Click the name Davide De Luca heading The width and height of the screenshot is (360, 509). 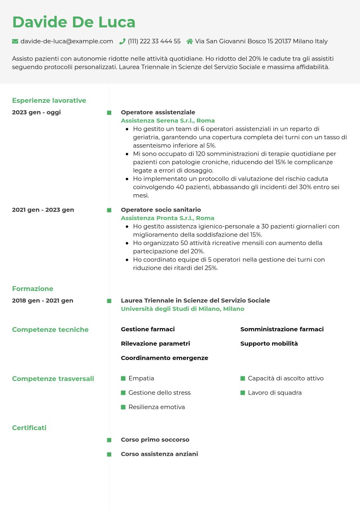(74, 22)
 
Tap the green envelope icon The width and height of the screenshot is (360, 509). (15, 41)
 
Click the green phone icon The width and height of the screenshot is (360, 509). (122, 41)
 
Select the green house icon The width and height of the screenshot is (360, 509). (189, 41)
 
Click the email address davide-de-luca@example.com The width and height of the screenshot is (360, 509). (67, 41)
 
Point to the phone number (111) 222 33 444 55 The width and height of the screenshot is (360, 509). (154, 41)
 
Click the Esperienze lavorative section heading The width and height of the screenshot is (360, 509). (49, 100)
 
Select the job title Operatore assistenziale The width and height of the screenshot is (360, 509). (158, 112)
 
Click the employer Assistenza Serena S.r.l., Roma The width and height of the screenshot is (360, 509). (168, 120)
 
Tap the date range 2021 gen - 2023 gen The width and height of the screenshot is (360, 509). (43, 210)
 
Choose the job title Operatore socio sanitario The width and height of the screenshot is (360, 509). (160, 210)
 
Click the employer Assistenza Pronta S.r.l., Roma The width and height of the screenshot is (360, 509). (167, 218)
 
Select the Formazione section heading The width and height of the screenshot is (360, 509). (33, 289)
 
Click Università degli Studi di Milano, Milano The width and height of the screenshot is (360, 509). (182, 309)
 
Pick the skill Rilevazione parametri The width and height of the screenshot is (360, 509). (155, 343)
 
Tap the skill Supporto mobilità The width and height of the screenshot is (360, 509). (269, 343)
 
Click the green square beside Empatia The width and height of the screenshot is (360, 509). (123, 378)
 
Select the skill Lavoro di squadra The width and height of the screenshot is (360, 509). (275, 393)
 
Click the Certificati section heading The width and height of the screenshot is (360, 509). (29, 428)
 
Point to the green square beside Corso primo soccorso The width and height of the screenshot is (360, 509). (109, 440)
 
